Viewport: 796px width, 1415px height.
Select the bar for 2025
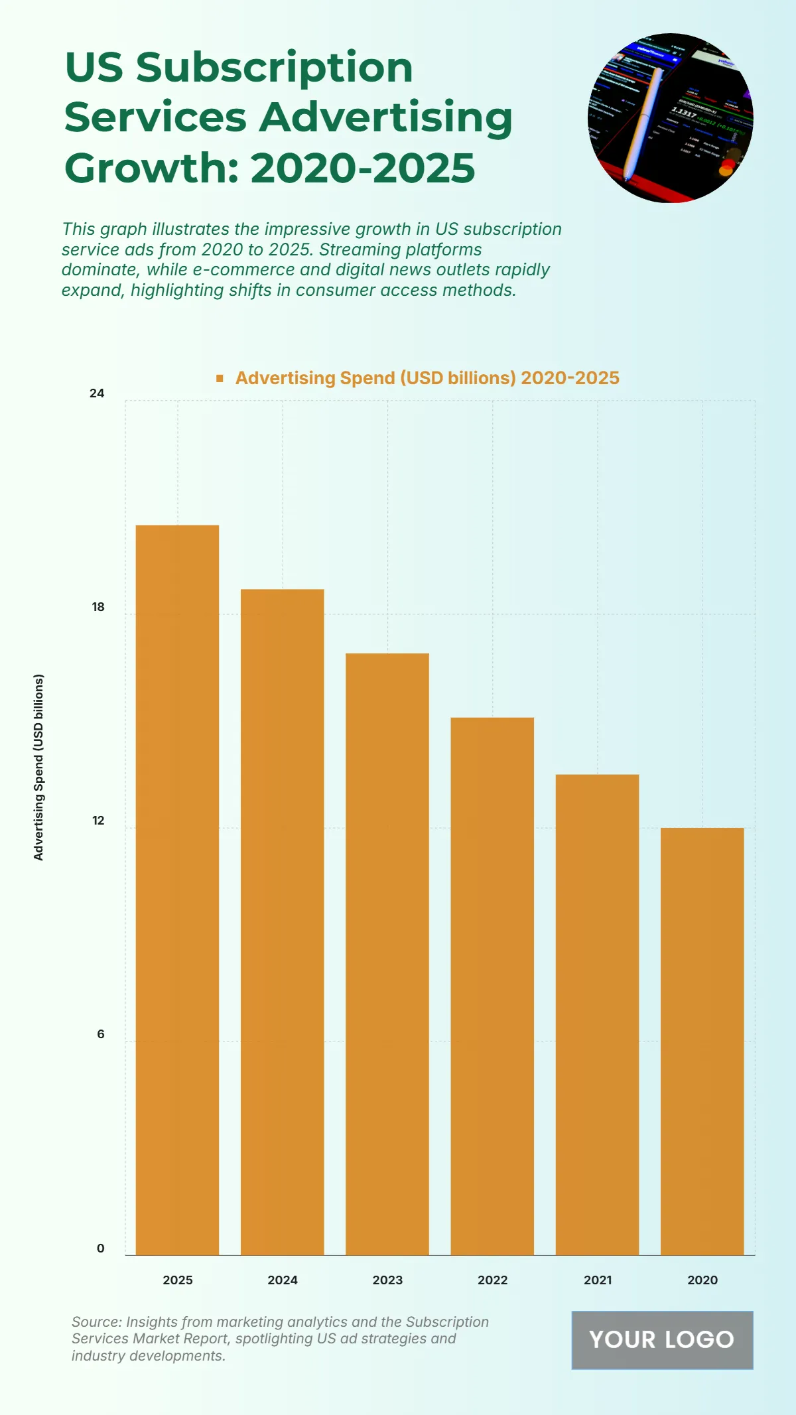point(177,890)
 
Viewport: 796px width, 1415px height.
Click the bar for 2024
point(282,921)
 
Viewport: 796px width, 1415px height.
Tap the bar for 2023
point(387,954)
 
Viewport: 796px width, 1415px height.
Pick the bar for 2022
point(492,986)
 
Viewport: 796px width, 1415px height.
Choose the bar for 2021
point(597,1014)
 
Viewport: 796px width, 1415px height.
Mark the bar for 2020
point(702,1041)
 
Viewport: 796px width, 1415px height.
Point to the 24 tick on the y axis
point(97,393)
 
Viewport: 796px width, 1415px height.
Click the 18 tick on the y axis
point(98,607)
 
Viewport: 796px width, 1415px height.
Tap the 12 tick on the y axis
point(98,821)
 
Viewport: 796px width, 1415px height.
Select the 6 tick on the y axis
point(100,1034)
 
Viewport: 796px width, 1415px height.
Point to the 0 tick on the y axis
point(100,1248)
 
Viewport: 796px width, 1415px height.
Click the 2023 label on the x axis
point(387,1280)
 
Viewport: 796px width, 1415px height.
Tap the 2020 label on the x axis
point(702,1280)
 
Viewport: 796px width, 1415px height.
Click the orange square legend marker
point(220,378)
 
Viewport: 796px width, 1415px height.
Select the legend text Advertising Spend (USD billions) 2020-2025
point(427,378)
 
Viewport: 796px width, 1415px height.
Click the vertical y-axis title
point(38,768)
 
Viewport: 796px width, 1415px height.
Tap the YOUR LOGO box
point(662,1340)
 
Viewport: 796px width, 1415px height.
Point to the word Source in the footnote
point(96,1322)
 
